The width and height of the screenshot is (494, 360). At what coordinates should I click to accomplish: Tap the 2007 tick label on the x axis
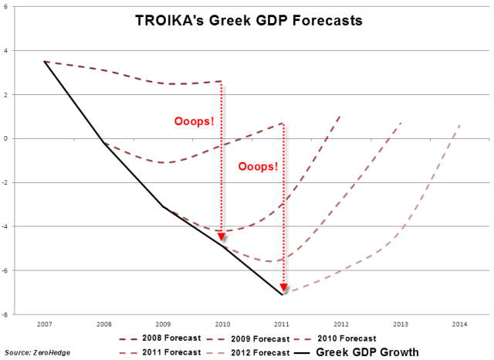coord(45,324)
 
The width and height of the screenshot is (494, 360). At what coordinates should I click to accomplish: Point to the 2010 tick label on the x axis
coord(223,324)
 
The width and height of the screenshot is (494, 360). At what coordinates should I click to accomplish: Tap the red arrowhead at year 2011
coord(283,287)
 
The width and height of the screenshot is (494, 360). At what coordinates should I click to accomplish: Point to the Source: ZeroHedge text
coord(31,352)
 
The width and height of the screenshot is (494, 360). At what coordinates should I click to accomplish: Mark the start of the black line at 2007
coord(45,61)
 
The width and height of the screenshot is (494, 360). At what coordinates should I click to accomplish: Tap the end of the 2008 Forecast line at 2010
coord(222,81)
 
